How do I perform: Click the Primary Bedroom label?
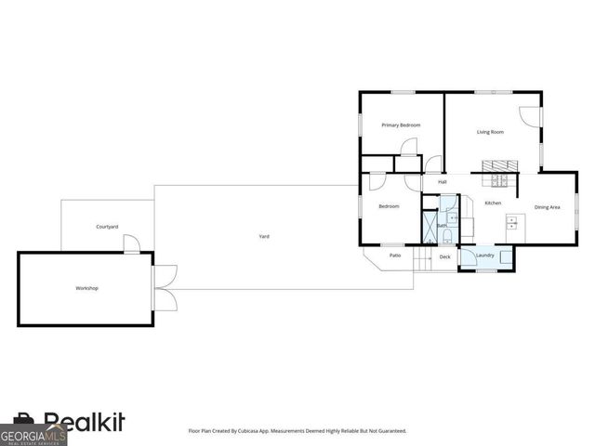click(402, 125)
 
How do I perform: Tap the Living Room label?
click(490, 132)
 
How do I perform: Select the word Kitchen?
click(493, 203)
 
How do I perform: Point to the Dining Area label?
click(547, 207)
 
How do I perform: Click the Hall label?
click(443, 181)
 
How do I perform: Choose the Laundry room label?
click(484, 256)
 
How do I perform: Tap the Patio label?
click(395, 255)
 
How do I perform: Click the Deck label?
click(444, 256)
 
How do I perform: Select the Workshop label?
click(86, 288)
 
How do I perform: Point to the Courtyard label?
click(107, 227)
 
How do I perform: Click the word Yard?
click(264, 237)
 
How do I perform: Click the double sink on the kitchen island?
click(511, 222)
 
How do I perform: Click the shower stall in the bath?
click(430, 225)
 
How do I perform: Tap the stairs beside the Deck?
click(423, 259)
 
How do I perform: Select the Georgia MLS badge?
click(33, 434)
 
